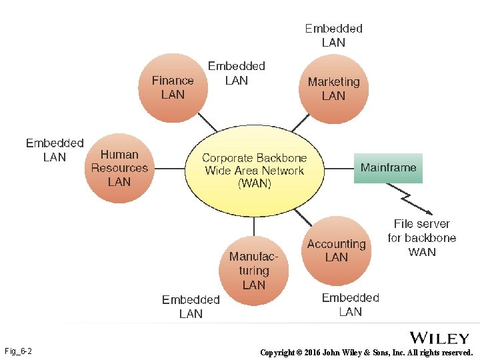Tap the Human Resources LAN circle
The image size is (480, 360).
(x=119, y=168)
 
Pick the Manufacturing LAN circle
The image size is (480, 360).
(x=253, y=270)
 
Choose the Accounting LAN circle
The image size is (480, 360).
(x=336, y=250)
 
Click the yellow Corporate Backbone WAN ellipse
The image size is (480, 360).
(x=254, y=171)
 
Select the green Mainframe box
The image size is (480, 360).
(x=388, y=168)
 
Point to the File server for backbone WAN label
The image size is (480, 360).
(x=422, y=238)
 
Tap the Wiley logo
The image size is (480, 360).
(x=439, y=338)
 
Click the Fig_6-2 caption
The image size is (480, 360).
(x=19, y=351)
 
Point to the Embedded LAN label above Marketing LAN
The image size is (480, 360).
(x=333, y=35)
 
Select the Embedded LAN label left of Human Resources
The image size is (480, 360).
(x=55, y=150)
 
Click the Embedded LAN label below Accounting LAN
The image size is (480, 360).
(x=350, y=305)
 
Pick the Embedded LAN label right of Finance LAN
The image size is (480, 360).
(x=236, y=73)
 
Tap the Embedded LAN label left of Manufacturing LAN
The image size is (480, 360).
(x=191, y=307)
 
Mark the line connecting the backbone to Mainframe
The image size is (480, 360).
(x=339, y=168)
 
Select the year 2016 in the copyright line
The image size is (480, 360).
(x=313, y=352)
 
